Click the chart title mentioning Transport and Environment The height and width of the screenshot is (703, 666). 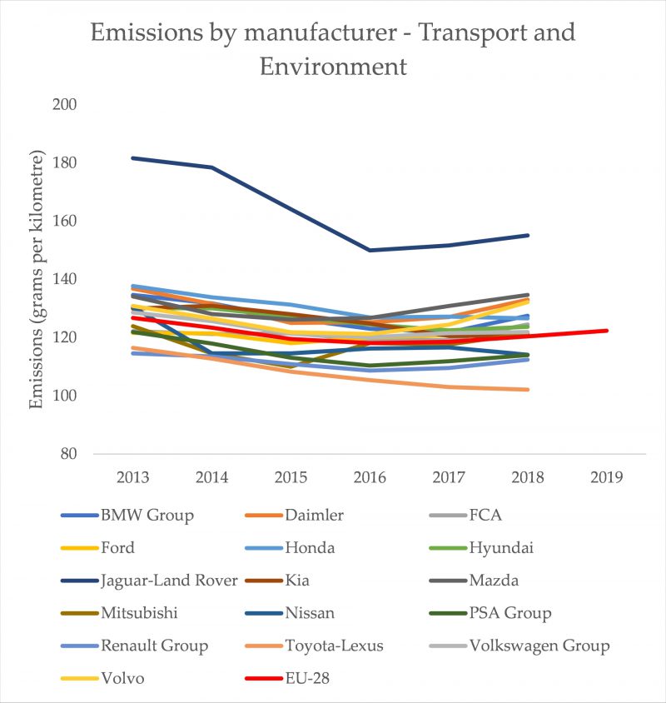click(x=333, y=48)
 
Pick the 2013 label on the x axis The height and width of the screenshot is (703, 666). click(x=133, y=477)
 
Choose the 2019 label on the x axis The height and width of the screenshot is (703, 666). click(x=607, y=477)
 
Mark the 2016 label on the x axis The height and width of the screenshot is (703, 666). click(x=370, y=477)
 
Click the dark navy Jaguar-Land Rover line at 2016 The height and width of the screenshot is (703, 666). click(x=370, y=250)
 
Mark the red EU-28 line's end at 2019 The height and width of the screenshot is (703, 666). click(x=607, y=331)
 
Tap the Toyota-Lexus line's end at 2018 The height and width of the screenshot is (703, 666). click(x=528, y=389)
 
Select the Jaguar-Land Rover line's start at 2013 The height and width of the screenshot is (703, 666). click(x=133, y=157)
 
